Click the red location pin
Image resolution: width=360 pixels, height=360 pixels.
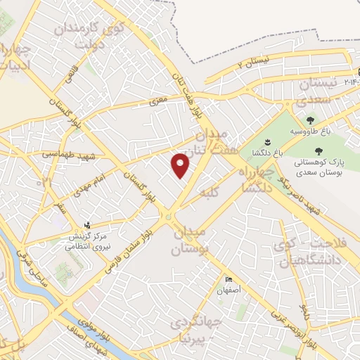(x=181, y=165)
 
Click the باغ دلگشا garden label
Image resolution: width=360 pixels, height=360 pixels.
(x=268, y=152)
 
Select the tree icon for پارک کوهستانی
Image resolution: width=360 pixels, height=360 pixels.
(x=319, y=151)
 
